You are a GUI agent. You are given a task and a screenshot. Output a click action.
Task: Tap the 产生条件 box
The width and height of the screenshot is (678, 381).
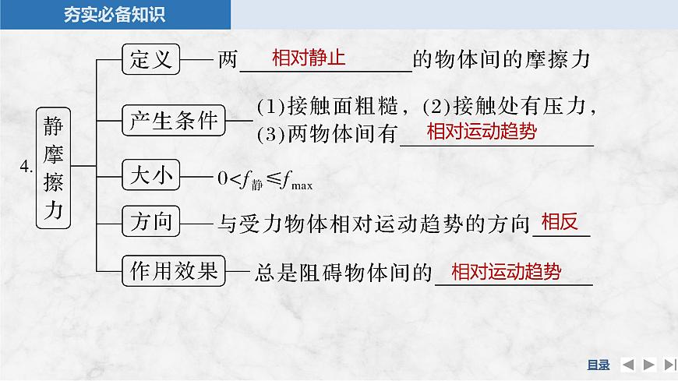tap(173, 120)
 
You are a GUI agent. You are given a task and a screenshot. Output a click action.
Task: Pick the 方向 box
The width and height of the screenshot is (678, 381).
tap(151, 223)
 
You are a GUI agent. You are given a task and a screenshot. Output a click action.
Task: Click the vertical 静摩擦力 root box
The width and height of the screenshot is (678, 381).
tap(54, 168)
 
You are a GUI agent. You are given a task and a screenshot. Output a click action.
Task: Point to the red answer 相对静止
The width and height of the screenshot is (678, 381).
tap(309, 58)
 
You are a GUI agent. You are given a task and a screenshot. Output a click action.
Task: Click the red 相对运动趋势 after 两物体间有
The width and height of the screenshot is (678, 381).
tap(482, 131)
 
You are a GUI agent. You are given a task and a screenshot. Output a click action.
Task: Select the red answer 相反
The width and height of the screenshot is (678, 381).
tap(560, 222)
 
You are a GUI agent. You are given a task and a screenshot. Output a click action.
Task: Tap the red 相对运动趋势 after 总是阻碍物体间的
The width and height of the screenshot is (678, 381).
tap(506, 271)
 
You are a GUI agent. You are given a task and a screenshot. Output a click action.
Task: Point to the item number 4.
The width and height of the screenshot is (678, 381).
tap(26, 167)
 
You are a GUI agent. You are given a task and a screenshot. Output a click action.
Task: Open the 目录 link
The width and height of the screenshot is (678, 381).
tap(598, 365)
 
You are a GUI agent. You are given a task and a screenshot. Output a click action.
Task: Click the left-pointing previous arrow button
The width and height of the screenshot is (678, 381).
tap(628, 365)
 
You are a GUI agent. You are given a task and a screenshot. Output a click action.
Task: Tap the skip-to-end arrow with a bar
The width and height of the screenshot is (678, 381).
tap(669, 365)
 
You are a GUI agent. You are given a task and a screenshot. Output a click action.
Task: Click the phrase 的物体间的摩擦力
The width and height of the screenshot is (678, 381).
tap(503, 61)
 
